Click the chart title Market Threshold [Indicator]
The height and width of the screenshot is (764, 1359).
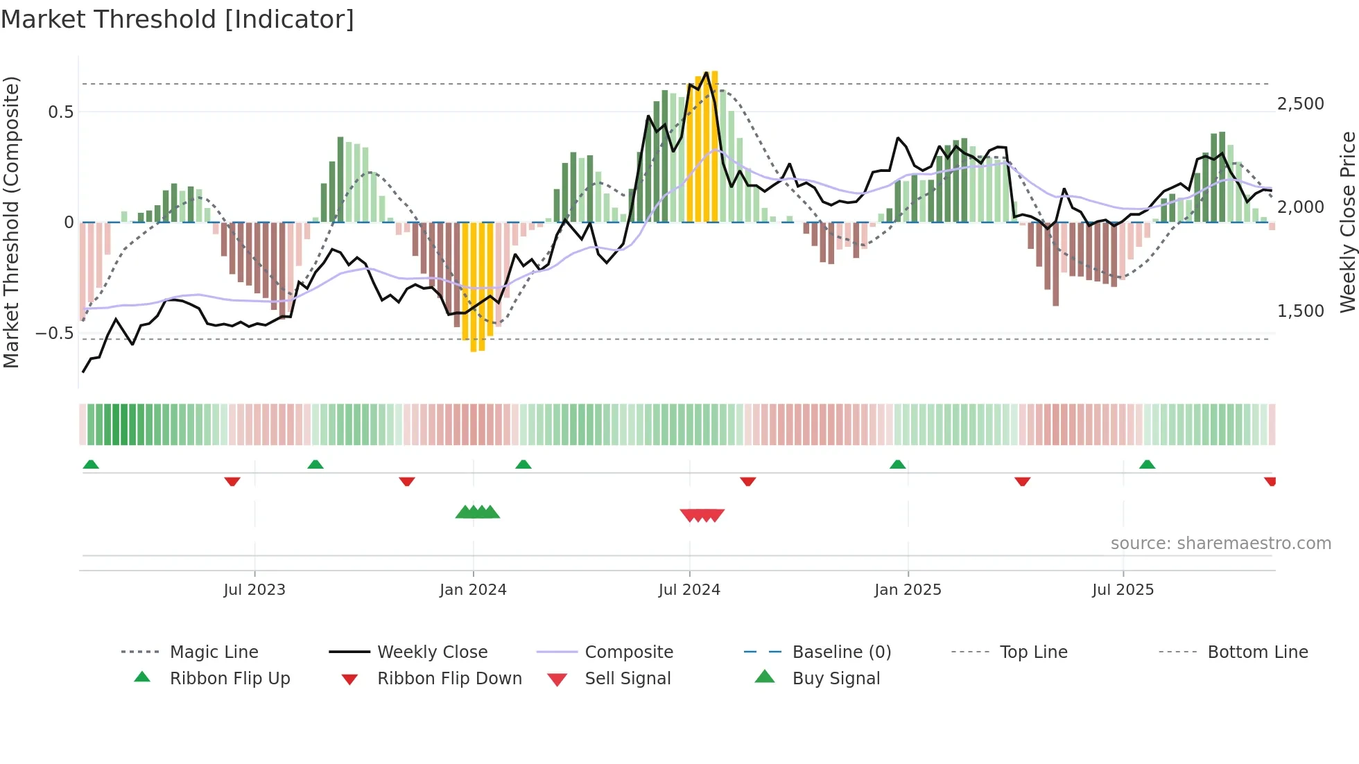point(178,19)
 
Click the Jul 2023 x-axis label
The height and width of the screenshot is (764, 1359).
point(254,590)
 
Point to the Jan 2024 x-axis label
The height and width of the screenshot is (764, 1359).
point(473,590)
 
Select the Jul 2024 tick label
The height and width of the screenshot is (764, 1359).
point(689,590)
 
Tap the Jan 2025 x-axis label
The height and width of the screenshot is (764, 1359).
point(908,590)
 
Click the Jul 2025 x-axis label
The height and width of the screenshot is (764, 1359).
point(1123,590)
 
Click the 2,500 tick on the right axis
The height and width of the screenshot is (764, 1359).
point(1300,104)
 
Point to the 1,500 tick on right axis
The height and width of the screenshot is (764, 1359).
point(1300,311)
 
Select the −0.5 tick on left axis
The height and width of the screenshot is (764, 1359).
point(54,333)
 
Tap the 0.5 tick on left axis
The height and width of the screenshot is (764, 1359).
point(60,112)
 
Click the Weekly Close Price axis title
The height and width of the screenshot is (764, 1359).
point(1347,222)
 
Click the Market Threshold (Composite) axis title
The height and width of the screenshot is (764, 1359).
point(11,222)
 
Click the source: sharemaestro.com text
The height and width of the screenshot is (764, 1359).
point(1220,544)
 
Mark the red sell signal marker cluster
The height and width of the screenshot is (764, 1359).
point(702,515)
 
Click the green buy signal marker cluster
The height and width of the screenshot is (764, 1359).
point(478,512)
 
